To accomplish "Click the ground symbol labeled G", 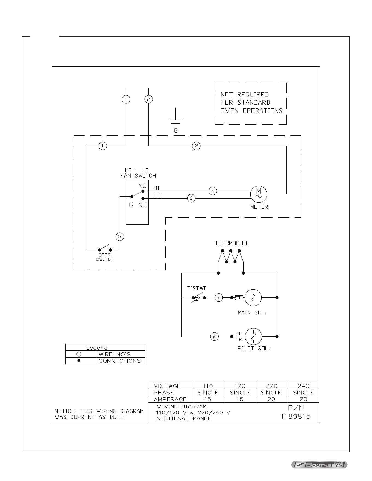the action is click(176, 120).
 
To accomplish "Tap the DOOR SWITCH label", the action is click(105, 257).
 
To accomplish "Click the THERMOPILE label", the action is click(232, 243).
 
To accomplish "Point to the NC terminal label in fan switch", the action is click(142, 186).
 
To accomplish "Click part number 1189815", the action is click(296, 417).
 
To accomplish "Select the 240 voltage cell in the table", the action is click(303, 386).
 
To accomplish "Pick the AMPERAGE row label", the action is click(170, 399).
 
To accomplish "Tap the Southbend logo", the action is click(319, 464).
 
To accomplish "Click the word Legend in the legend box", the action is click(97, 348).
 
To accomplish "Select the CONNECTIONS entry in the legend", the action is click(120, 361).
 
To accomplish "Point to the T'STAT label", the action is click(197, 288).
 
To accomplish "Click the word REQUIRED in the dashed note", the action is click(253, 95).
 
